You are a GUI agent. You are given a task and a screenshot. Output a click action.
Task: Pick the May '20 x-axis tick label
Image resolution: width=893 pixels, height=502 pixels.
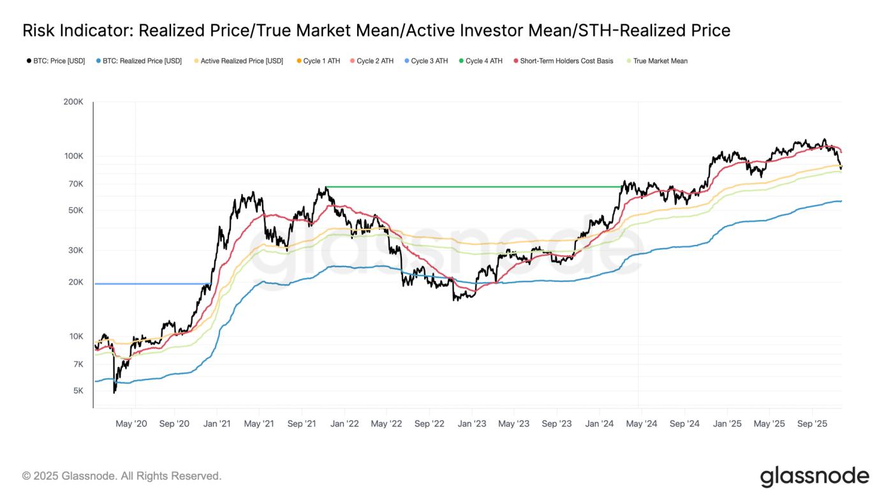coord(132,424)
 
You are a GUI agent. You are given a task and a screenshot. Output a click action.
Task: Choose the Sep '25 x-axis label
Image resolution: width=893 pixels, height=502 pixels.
coord(812,424)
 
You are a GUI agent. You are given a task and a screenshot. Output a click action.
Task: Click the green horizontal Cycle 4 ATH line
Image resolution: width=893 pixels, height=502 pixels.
coord(472,187)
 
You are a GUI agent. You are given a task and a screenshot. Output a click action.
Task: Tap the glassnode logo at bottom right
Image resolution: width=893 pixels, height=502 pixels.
coord(815,476)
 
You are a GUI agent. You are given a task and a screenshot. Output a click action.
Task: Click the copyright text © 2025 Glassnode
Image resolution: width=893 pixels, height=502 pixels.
coord(121,476)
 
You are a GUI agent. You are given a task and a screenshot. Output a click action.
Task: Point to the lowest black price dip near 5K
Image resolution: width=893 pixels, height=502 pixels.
coord(115,392)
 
